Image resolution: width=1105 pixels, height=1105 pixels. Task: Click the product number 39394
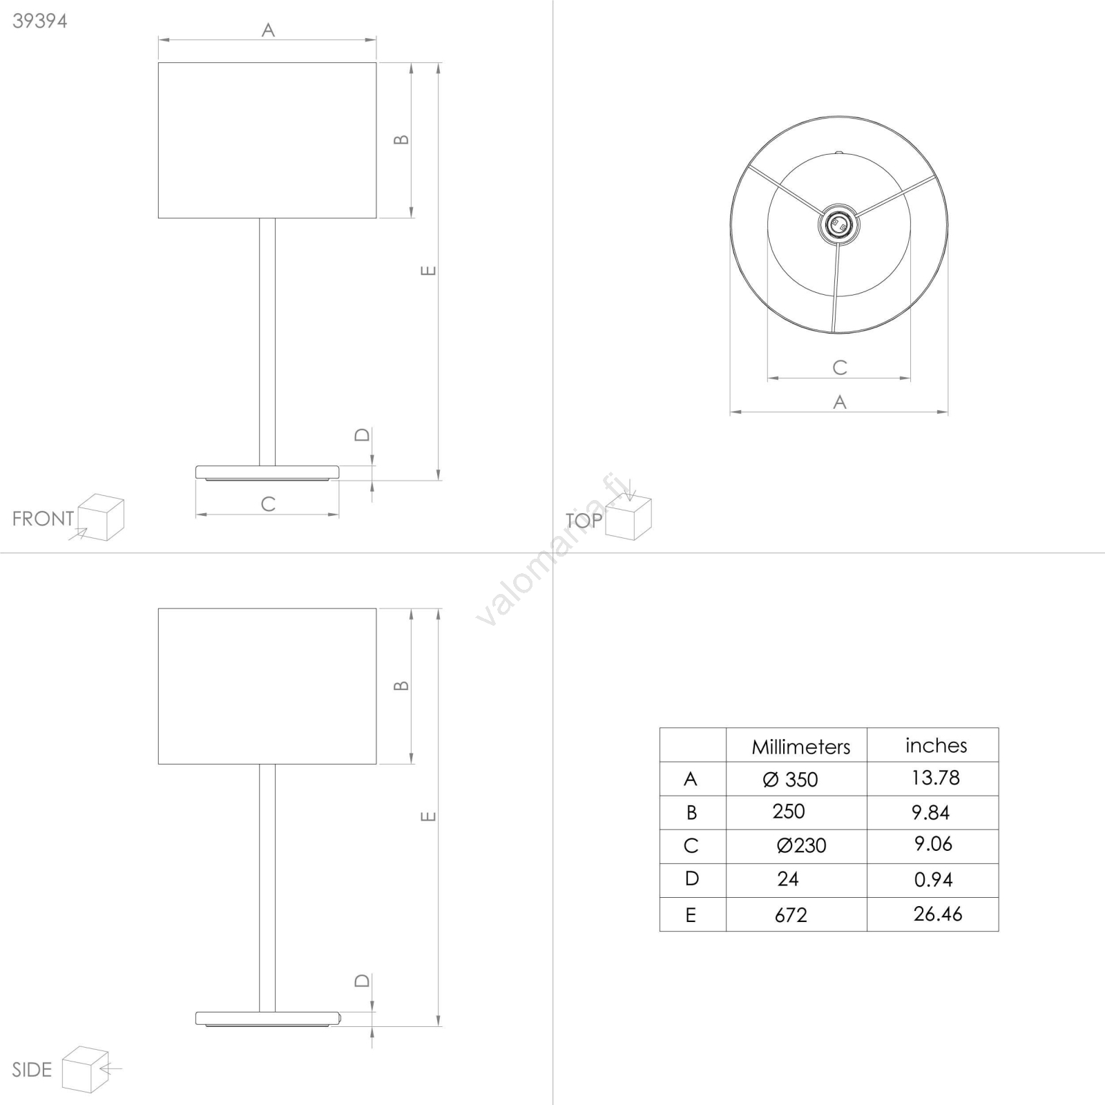(x=40, y=21)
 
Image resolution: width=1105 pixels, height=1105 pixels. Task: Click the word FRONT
(x=43, y=519)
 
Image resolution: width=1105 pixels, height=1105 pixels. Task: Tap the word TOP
(x=584, y=520)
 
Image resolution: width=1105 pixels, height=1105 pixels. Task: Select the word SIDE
(x=32, y=1070)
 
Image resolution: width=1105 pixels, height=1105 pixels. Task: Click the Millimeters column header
(x=800, y=747)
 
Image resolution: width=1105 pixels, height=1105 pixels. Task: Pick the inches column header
(x=936, y=745)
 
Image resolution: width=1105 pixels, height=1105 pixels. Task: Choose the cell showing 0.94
(x=933, y=880)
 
